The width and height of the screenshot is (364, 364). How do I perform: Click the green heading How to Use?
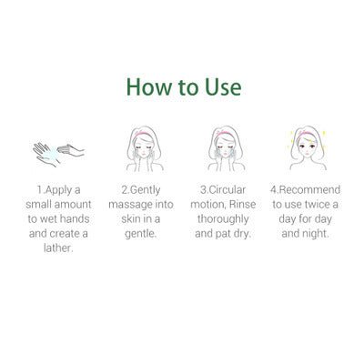pos(183,88)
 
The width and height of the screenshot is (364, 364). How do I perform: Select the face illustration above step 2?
pos(143,146)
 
